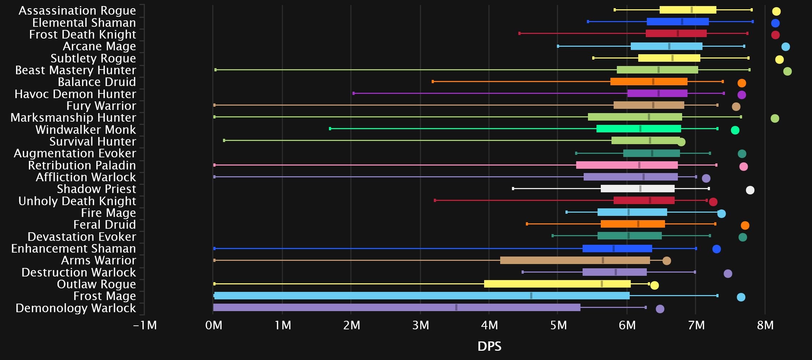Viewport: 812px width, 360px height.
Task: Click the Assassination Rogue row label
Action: tap(77, 11)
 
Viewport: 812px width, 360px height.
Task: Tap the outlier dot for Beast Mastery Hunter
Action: tap(787, 71)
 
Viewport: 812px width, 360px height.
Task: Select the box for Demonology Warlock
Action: tap(396, 308)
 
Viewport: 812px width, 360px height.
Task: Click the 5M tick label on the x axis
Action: tap(558, 325)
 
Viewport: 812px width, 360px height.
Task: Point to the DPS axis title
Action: tap(489, 346)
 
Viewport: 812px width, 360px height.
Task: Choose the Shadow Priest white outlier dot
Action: tap(750, 190)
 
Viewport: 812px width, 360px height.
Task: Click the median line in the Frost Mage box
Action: tap(531, 295)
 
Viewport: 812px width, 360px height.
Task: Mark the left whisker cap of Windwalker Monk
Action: tap(330, 128)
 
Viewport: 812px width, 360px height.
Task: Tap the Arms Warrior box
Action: tap(575, 260)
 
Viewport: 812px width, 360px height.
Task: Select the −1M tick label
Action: tap(145, 325)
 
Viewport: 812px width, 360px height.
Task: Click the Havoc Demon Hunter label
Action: tap(75, 94)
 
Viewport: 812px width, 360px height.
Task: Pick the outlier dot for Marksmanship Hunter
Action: tap(775, 118)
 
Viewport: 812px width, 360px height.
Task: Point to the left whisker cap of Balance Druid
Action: tap(433, 82)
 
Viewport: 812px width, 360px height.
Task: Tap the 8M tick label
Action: tap(765, 325)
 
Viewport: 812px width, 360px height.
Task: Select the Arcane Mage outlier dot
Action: tap(785, 47)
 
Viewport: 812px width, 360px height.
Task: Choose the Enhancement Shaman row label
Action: tap(73, 249)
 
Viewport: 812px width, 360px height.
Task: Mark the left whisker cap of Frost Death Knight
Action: tap(519, 34)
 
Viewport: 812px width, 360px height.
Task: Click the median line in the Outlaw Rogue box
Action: tap(602, 284)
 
